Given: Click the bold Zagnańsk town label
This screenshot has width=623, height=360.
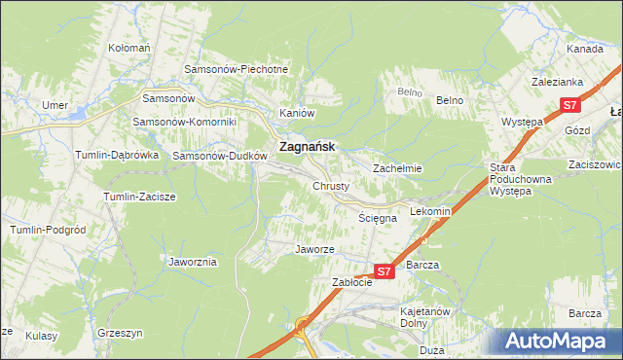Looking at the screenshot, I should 307,146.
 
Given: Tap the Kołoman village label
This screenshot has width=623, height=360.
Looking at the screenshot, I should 129,47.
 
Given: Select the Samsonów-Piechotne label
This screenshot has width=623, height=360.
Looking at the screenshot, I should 237,69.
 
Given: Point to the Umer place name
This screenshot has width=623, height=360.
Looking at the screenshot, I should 54,105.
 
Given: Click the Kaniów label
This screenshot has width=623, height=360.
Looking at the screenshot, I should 298,113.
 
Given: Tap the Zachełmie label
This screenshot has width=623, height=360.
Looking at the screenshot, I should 397,167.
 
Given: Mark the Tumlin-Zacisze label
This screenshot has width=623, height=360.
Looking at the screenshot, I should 139,197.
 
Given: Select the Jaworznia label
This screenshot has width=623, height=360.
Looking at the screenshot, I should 193,262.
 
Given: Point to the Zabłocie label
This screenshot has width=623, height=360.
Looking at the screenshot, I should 353,282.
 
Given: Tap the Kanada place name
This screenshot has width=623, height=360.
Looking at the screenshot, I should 585,48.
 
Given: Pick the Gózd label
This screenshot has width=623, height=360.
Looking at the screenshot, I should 578,129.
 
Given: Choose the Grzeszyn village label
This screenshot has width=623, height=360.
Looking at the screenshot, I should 121,332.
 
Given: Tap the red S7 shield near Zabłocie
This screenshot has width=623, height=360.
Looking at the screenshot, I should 384,272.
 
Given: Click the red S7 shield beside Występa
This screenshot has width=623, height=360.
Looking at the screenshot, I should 570,105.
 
